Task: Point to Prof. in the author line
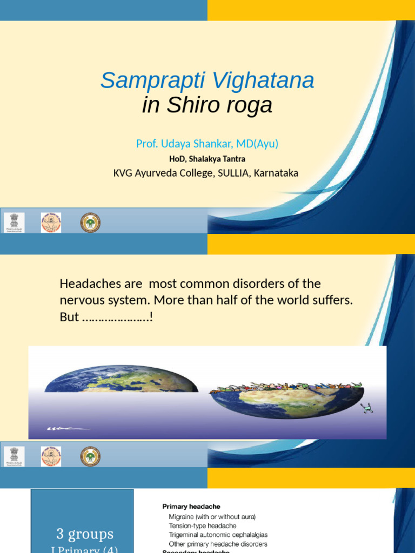[x=146, y=144]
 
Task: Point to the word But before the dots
[x=69, y=317]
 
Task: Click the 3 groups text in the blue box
[x=85, y=535]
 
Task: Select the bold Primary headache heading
[x=191, y=507]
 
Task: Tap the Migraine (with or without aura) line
[x=212, y=517]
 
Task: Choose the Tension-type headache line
[x=202, y=525]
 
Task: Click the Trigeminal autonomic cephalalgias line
[x=218, y=535]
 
